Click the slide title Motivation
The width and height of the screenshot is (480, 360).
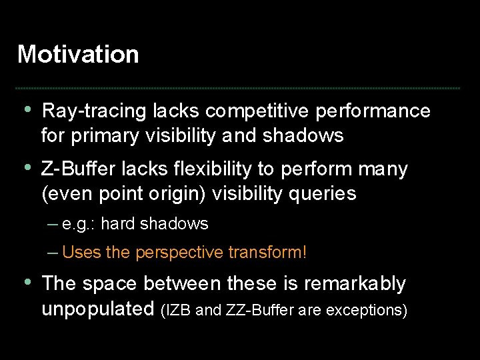[78, 54]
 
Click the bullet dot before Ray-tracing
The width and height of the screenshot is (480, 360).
[27, 110]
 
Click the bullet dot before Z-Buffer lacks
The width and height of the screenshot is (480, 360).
[27, 169]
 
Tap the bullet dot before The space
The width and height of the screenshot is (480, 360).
[27, 283]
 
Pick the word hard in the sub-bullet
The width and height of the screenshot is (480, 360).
[117, 224]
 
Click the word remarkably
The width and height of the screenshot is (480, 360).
[355, 284]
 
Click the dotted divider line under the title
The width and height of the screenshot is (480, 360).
[238, 88]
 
